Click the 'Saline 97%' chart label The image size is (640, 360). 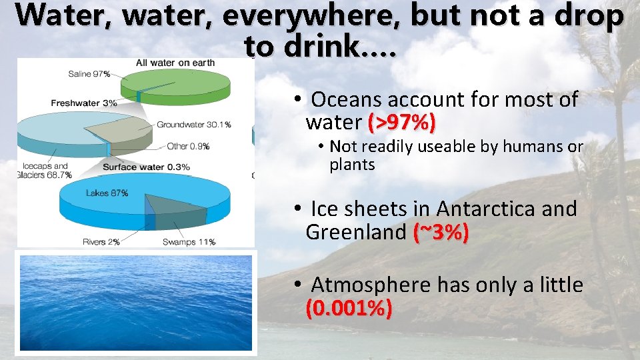[x=89, y=74]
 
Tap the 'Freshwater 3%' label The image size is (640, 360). [x=83, y=103]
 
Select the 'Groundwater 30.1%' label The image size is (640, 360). [x=193, y=125]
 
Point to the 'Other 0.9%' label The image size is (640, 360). [x=188, y=146]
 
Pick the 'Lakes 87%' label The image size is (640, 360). [x=107, y=193]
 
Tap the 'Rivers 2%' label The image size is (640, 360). [x=101, y=242]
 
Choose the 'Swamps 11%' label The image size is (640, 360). [x=189, y=242]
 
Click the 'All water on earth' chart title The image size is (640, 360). [x=175, y=63]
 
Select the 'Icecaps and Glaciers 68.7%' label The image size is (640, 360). [x=45, y=171]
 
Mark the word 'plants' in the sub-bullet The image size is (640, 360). [x=352, y=165]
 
